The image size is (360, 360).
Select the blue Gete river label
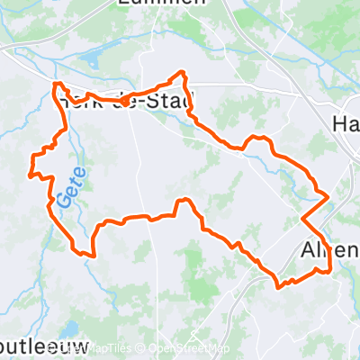(70, 185)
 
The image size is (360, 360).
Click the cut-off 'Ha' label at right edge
(346, 123)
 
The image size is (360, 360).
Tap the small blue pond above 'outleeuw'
(67, 328)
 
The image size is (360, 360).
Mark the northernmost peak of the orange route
(184, 72)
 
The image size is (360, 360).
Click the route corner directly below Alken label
(329, 269)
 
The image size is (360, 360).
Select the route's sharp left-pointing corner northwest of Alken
(301, 217)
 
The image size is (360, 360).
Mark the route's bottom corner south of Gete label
(90, 254)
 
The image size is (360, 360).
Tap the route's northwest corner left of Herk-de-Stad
(57, 84)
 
